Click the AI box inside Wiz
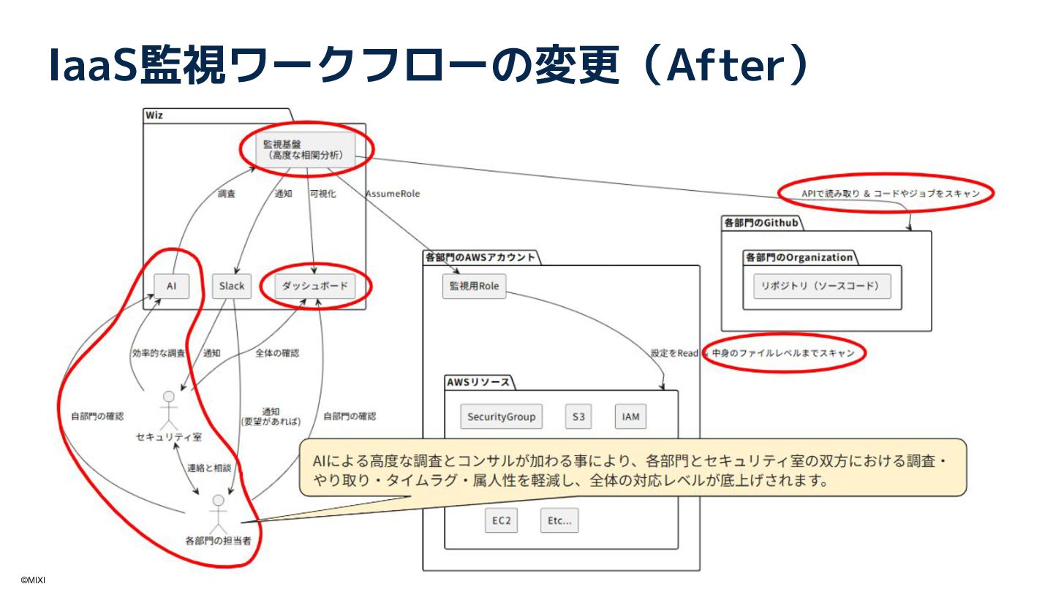click(x=171, y=286)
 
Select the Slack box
click(x=232, y=286)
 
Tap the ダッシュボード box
click(x=315, y=286)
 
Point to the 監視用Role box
click(x=474, y=286)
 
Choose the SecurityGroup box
click(x=502, y=417)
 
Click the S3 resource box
click(x=578, y=417)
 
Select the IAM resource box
click(x=630, y=417)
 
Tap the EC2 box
click(x=501, y=521)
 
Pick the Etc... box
click(x=559, y=521)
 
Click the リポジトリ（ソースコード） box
click(x=822, y=286)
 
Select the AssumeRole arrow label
click(x=393, y=194)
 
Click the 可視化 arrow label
click(x=322, y=194)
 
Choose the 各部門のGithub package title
click(x=760, y=222)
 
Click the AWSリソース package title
click(x=479, y=382)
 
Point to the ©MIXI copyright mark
click(x=33, y=580)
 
